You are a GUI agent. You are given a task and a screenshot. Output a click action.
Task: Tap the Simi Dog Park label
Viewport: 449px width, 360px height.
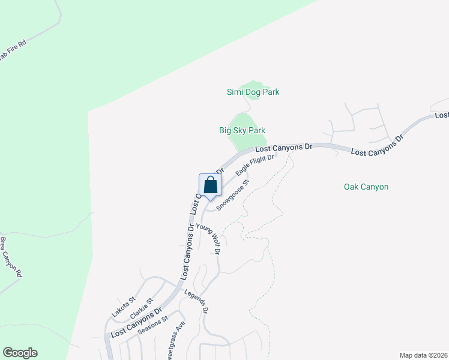pos(253,92)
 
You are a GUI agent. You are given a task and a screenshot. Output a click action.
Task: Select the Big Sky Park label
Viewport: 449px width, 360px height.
pos(242,130)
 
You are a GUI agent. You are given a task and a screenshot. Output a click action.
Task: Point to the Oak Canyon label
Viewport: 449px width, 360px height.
pos(366,187)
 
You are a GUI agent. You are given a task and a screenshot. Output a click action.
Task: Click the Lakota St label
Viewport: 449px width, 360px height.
pos(124,306)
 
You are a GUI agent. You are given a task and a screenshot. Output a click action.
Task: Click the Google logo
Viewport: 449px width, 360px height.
pos(20,353)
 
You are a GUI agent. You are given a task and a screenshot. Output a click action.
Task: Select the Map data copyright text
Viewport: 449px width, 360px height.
pos(423,355)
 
